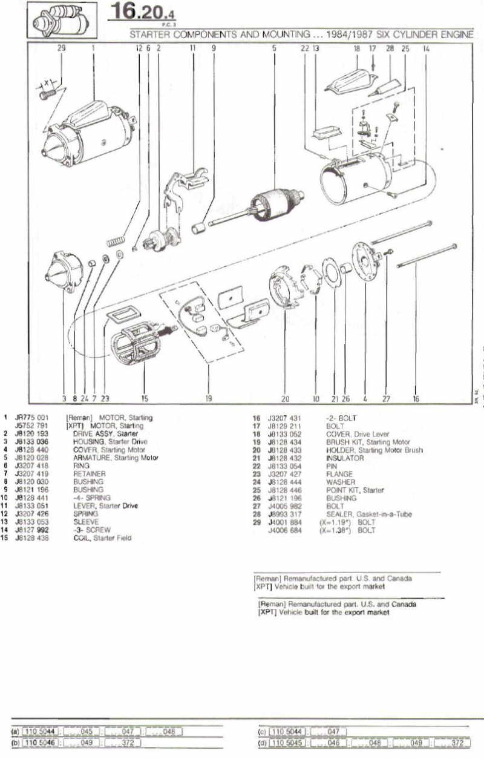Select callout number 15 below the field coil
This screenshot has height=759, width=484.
click(x=145, y=399)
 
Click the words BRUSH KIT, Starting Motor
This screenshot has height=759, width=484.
click(x=368, y=442)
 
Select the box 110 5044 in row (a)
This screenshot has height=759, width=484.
click(x=39, y=731)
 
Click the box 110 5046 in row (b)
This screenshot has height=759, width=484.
click(x=39, y=741)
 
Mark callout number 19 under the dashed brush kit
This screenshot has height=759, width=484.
click(x=208, y=399)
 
